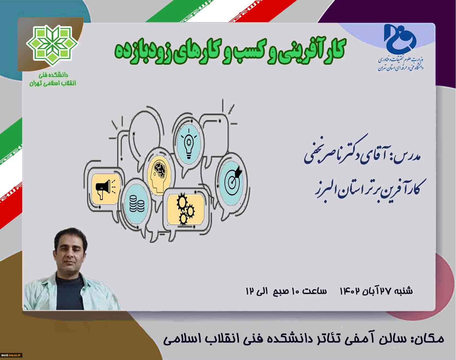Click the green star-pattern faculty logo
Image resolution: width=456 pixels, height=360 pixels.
(52, 46)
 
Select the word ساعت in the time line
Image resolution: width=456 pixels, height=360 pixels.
(315, 291)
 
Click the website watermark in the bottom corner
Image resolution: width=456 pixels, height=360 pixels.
(11, 355)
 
